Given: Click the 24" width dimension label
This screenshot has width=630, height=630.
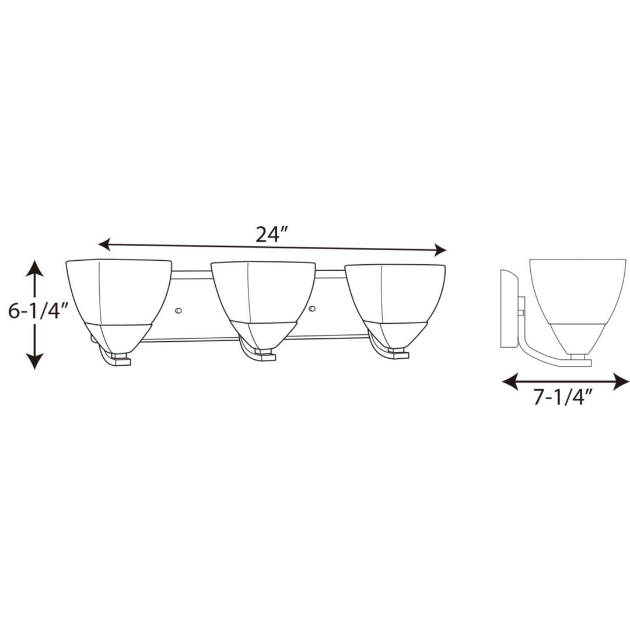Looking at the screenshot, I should click(272, 235).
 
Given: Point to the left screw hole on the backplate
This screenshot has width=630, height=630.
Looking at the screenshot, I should click(178, 309).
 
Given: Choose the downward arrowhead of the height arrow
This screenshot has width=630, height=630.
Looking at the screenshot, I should click(35, 362).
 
